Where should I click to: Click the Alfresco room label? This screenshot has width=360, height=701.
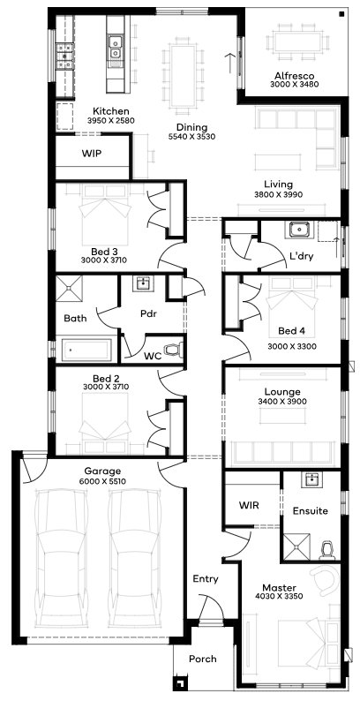(295, 76)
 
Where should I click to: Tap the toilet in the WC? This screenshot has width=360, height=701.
(173, 349)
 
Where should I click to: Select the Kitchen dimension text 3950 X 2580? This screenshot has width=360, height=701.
(111, 120)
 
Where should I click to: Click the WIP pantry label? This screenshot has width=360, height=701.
(92, 154)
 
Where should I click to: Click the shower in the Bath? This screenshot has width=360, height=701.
(69, 290)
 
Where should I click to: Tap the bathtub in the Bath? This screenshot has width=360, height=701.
(86, 350)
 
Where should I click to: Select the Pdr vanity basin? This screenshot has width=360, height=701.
(143, 283)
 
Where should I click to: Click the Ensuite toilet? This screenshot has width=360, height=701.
(328, 550)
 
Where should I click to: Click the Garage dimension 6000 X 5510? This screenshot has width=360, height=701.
(102, 481)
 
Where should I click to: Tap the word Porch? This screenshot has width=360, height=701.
(203, 659)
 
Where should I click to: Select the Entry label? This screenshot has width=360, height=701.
(206, 579)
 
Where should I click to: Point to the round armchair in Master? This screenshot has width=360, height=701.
(326, 579)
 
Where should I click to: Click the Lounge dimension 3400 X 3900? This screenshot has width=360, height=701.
(282, 402)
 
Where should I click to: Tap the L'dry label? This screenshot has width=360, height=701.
(302, 257)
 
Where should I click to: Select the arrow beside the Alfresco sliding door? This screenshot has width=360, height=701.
(230, 63)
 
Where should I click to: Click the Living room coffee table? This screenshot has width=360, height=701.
(277, 162)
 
